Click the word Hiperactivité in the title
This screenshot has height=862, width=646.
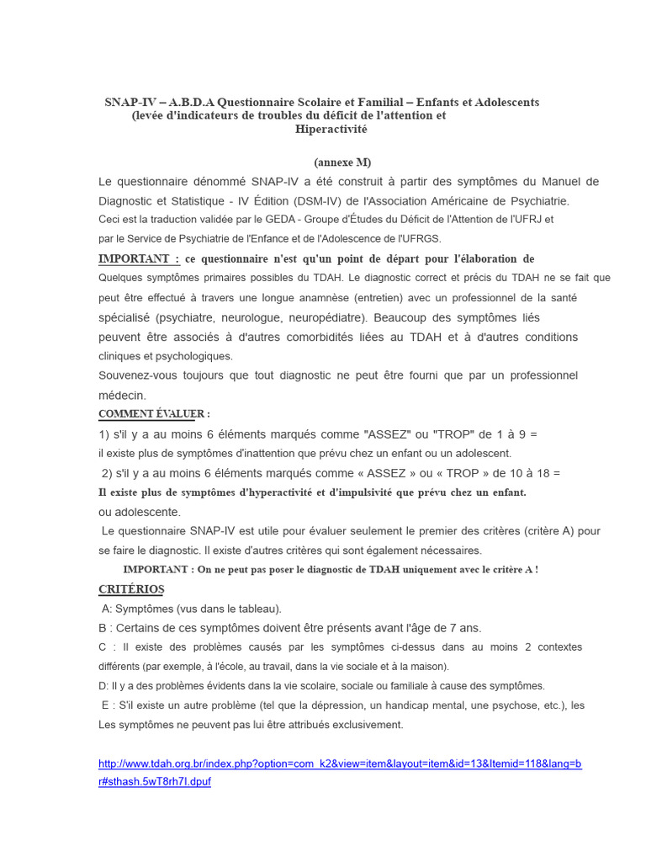331,130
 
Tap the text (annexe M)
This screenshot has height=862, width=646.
342,162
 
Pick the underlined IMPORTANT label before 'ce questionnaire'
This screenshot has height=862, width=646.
139,258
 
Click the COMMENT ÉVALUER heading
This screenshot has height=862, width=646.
154,413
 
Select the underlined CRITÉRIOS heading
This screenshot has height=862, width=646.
131,589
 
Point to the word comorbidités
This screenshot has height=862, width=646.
317,337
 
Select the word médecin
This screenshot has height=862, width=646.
122,395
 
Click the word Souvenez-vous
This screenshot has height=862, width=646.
140,375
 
